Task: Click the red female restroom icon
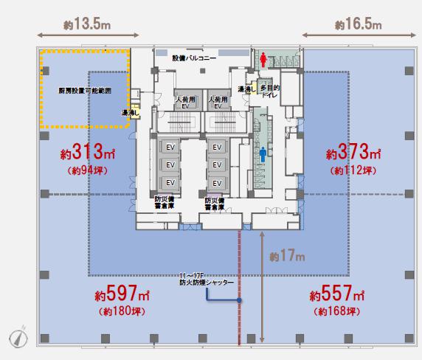pos(263,60)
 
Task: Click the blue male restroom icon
pos(263,154)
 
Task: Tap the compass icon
pos(18,337)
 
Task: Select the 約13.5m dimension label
pos(87,24)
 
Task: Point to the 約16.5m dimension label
pos(359,24)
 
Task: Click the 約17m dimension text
pos(287,255)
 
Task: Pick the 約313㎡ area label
pos(88,151)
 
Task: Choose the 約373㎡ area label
pos(353,151)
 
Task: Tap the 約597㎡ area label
pos(122,293)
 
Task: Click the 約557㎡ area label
pos(337,293)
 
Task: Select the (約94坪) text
pos(88,170)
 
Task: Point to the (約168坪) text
pos(336,311)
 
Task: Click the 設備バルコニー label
pos(194,58)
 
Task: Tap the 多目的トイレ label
pos(270,91)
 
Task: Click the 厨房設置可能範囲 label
pos(85,91)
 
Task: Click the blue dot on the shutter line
pos(239,300)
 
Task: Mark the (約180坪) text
pos(122,311)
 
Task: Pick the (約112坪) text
pos(353,170)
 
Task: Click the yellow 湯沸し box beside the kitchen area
pos(134,110)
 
